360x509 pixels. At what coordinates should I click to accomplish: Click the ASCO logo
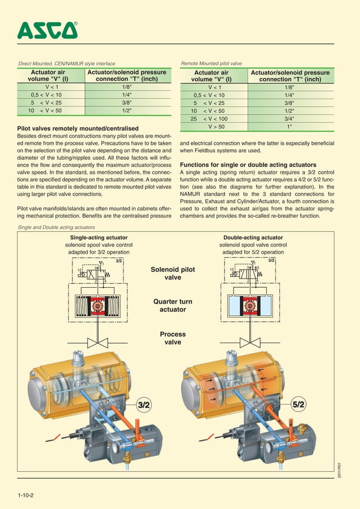[47, 30]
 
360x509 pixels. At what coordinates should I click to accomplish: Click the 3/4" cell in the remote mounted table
[289, 119]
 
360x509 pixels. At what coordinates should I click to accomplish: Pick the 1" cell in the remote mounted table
[289, 127]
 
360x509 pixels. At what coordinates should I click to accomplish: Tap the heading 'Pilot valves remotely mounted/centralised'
[78, 129]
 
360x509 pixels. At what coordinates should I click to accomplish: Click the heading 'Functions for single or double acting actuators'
[248, 165]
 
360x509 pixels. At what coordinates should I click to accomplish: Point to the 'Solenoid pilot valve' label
[173, 274]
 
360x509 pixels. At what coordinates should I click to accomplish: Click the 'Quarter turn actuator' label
[173, 305]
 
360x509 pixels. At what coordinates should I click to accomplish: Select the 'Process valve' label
[173, 338]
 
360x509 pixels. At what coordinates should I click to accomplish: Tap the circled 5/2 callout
[298, 405]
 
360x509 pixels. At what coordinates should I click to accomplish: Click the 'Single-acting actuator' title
[98, 238]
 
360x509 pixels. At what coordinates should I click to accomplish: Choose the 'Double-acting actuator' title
[253, 238]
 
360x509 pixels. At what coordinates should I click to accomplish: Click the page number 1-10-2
[26, 495]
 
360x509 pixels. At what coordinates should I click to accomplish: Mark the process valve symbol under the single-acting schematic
[98, 343]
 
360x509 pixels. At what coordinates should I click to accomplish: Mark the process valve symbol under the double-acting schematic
[251, 343]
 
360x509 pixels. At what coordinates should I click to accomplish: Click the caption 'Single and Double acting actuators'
[56, 227]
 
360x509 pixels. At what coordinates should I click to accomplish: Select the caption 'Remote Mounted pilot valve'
[211, 64]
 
